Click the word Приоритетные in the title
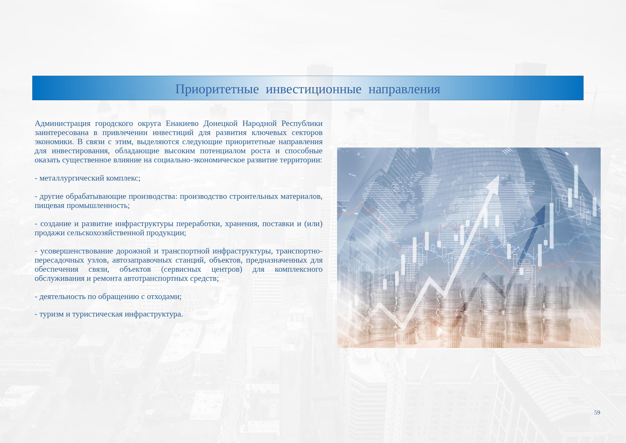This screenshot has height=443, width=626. coord(217,89)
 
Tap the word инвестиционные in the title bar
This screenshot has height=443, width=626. coord(314,89)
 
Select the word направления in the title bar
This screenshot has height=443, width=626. coord(404,89)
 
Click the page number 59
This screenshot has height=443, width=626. coord(597,412)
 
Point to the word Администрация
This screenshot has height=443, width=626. coord(62,124)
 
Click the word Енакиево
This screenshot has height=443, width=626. coord(182,124)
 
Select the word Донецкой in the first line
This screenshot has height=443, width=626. coord(221,124)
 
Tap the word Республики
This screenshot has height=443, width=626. coord(302,124)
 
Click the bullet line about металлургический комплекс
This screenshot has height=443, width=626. coord(87,178)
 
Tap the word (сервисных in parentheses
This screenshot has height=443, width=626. coord(181,269)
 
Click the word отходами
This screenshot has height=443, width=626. coord(164,297)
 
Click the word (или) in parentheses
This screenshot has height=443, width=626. coord(313,224)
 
